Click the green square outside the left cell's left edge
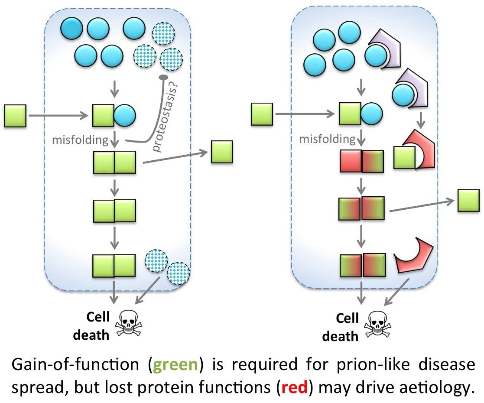click(15, 116)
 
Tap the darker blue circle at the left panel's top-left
click(71, 29)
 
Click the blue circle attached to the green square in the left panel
click(124, 116)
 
